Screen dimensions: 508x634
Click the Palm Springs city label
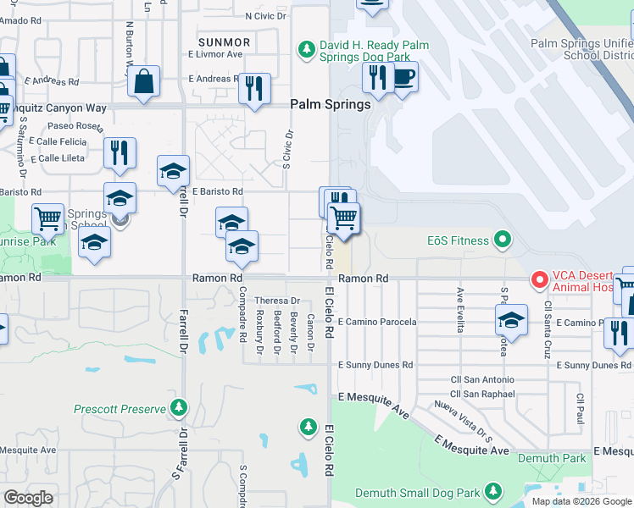tap(331, 105)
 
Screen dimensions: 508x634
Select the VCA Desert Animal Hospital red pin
tap(538, 279)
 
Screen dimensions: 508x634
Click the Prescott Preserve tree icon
tap(178, 409)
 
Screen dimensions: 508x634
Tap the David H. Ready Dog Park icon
tap(308, 50)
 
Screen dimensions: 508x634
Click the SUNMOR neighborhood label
tap(224, 42)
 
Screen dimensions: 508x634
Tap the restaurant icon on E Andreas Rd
tap(254, 88)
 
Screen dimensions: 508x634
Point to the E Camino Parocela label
tap(377, 323)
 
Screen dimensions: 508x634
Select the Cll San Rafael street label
tap(482, 394)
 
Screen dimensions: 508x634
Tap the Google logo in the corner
tap(28, 498)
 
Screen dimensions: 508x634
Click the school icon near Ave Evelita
tap(511, 319)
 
